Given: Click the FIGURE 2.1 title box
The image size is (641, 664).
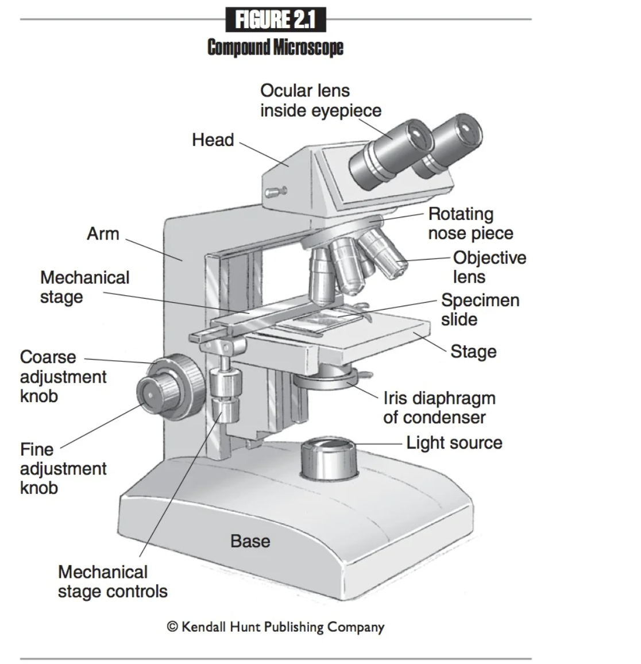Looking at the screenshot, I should coord(276,20).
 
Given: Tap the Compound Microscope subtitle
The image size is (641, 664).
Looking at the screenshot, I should coord(275,47).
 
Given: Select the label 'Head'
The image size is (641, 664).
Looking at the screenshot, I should coord(213,140).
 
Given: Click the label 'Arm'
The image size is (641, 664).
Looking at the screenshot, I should coord(103,234).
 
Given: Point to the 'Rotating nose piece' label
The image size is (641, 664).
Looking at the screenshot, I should coord(470,223).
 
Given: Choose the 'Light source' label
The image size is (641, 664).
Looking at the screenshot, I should coord(454,443).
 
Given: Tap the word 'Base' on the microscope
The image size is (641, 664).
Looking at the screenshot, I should coord(250,541).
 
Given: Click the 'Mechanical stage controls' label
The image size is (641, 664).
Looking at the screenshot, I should coord(113,581).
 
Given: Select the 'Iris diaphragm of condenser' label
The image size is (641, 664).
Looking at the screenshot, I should coord(439,407).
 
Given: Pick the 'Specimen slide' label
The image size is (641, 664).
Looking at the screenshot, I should coord(480,309).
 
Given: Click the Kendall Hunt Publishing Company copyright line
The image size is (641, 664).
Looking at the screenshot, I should coord(275,627).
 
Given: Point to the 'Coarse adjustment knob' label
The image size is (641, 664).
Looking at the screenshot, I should coord(63,376).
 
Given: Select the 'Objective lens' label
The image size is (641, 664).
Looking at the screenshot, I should coord(489,267).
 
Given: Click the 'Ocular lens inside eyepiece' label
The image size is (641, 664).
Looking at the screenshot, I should coord(320,100).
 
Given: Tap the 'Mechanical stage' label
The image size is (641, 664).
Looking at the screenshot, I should coord(84,287).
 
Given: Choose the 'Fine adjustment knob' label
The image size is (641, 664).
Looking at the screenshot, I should coord(63,468).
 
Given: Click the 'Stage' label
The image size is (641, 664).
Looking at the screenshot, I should coord(473,352).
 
